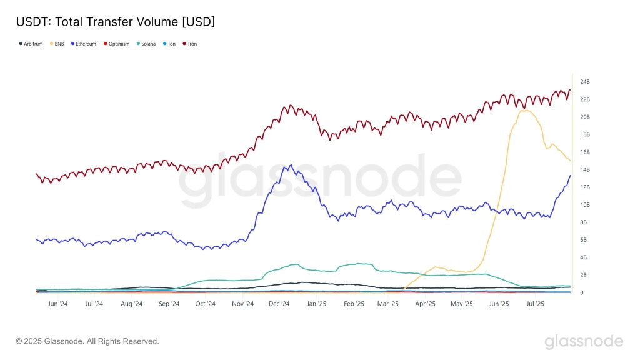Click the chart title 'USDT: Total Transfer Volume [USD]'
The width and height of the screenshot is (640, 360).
(x=115, y=22)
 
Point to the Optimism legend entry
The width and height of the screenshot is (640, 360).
(x=116, y=44)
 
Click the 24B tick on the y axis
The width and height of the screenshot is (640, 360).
(x=585, y=82)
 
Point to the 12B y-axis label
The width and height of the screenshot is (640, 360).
(x=585, y=187)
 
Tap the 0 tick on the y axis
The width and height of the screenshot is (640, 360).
(x=582, y=292)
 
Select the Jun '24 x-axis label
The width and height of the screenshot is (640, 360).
(x=57, y=304)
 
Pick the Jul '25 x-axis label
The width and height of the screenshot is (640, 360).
(x=536, y=304)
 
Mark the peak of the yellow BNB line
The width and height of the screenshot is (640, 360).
(x=524, y=110)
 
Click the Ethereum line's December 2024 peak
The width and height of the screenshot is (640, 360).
(x=289, y=166)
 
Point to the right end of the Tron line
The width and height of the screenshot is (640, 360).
(x=569, y=90)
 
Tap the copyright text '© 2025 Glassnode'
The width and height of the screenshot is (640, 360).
(x=87, y=341)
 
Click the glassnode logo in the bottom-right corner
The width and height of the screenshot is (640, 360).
(x=583, y=341)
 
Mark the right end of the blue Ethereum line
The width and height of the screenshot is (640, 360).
(x=569, y=176)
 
